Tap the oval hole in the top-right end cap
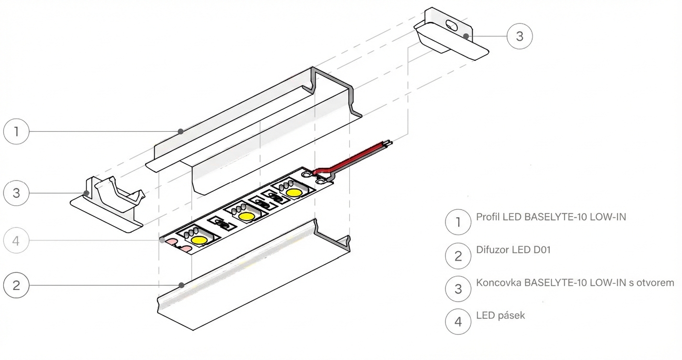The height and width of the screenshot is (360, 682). tap(452, 24)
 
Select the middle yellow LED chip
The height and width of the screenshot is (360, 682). tap(247, 216)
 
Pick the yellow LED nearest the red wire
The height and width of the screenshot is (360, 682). tap(294, 192)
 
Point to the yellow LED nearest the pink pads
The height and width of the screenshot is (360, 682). tap(199, 239)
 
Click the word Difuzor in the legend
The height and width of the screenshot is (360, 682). tap(494, 250)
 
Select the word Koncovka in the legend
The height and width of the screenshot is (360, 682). tap(499, 282)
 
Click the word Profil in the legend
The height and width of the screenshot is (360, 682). tap(488, 217)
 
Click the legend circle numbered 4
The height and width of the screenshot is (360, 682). tap(458, 321)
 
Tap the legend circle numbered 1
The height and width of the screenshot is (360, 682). tap(458, 223)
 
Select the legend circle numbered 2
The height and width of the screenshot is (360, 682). tap(458, 256)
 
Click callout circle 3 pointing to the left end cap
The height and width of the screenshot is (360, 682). tap(16, 193)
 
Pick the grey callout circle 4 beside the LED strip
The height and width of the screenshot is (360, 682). tap(16, 241)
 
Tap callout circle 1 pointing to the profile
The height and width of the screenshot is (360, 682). tap(16, 131)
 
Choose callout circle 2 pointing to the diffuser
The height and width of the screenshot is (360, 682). tap(16, 285)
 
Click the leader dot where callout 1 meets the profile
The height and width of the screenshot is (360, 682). tap(180, 131)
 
